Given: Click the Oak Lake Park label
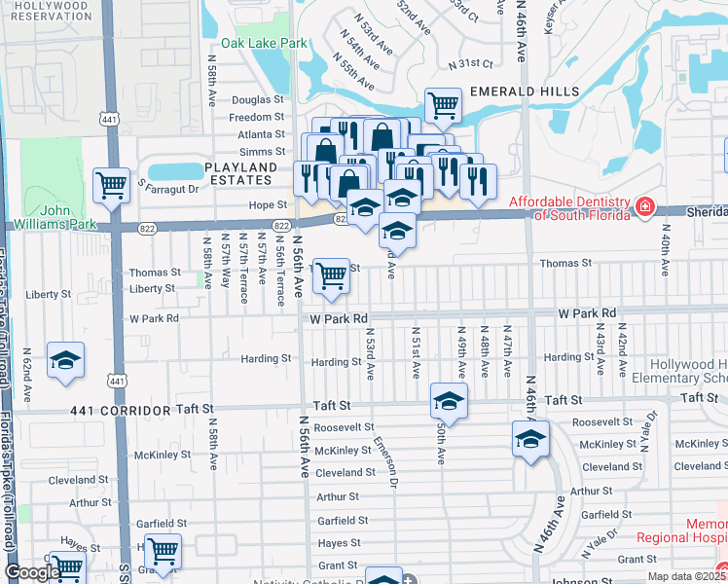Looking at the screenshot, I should pyautogui.click(x=264, y=43).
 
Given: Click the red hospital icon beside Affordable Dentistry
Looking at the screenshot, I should pyautogui.click(x=644, y=207).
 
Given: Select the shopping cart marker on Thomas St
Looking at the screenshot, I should pyautogui.click(x=332, y=275).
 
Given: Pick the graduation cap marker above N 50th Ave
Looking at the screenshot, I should pyautogui.click(x=449, y=400).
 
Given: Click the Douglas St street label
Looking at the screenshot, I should pyautogui.click(x=257, y=99).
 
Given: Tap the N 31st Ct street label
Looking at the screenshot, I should pyautogui.click(x=471, y=63).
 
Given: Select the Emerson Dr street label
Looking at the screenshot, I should pyautogui.click(x=386, y=461).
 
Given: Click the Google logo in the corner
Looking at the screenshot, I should pyautogui.click(x=32, y=572).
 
